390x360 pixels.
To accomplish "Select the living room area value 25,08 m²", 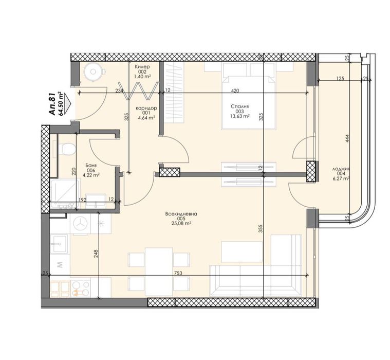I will coord(182,223).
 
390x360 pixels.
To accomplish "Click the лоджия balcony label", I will coord(342,168).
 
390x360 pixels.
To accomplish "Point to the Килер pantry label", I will coord(142,67).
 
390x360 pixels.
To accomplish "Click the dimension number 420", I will coord(235,91).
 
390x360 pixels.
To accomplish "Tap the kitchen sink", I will coord(60,243).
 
